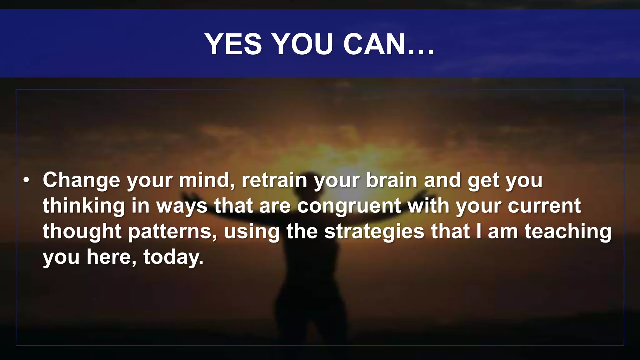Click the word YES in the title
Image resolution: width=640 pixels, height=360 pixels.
point(233,44)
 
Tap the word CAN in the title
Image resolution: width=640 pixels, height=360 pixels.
point(374,44)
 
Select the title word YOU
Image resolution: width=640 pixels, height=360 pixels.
point(302,44)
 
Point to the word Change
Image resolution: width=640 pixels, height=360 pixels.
point(81,180)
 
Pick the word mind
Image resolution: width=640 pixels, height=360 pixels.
point(206,180)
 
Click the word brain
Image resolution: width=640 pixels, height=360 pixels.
point(392,180)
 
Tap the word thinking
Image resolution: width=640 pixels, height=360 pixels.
point(84,206)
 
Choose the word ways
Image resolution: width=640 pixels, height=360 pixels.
point(182,206)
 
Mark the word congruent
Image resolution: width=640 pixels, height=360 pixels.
point(349,206)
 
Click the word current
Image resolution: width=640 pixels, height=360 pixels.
point(544,206)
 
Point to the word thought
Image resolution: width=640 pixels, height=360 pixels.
point(82,232)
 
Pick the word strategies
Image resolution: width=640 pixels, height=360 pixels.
point(374,232)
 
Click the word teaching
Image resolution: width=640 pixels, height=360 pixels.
point(567,232)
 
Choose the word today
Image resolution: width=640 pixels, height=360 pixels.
point(173,257)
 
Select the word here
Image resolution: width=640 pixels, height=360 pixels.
point(111,257)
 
